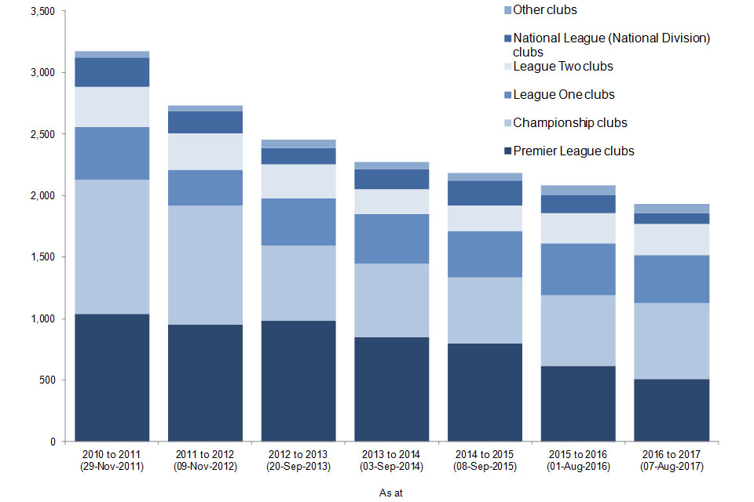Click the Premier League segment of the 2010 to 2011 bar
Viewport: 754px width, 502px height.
pos(112,377)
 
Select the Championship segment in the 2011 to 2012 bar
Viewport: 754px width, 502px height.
pos(205,265)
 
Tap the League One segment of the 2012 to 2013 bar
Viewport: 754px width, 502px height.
pos(298,222)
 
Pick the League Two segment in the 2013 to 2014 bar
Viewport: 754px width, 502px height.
pos(392,202)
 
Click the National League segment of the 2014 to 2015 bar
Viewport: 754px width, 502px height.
pos(485,193)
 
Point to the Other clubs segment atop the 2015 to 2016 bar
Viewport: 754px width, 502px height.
pos(579,190)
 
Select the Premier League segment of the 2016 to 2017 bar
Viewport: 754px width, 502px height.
pos(672,410)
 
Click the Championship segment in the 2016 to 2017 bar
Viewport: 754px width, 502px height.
pos(672,341)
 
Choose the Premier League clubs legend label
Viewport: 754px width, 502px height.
pos(573,151)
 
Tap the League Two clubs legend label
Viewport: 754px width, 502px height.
pos(562,67)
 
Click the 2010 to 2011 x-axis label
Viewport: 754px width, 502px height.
pos(112,454)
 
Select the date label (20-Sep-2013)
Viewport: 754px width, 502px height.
pos(298,466)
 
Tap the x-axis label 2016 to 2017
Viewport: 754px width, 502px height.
pos(672,454)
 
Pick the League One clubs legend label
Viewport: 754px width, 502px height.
pos(563,95)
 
